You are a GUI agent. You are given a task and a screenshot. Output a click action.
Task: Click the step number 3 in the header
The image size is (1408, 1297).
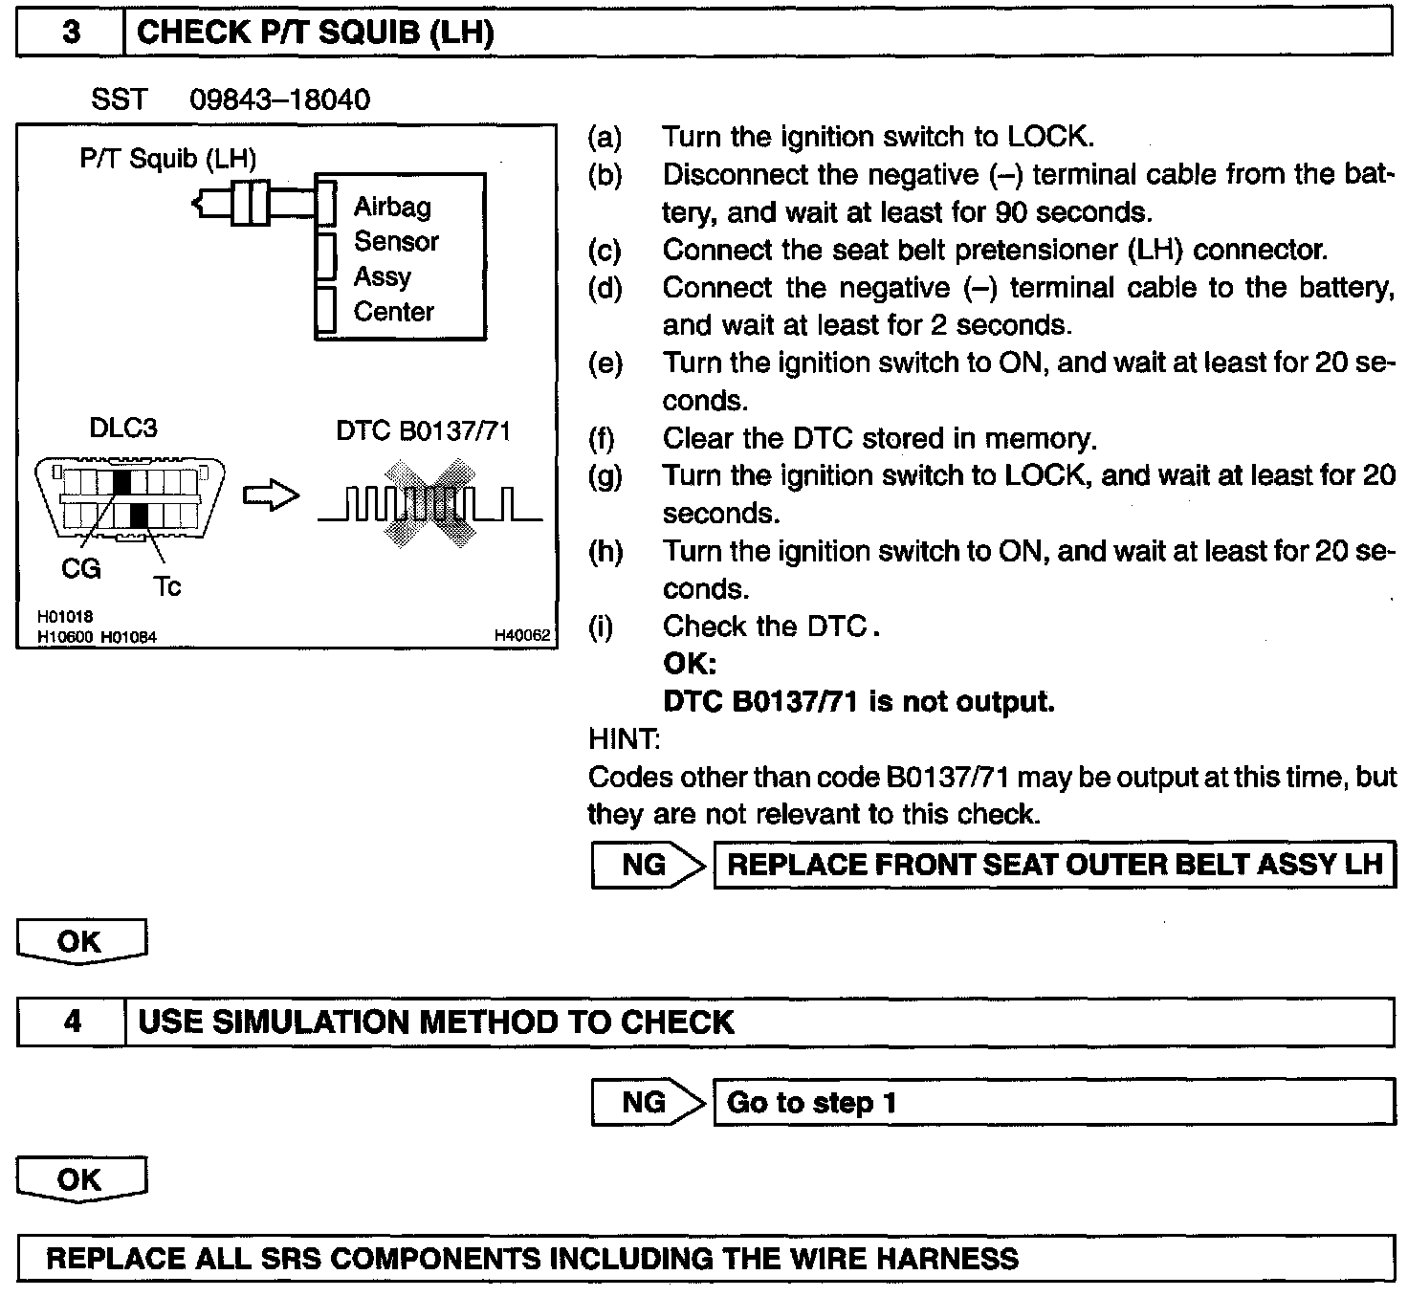point(71,33)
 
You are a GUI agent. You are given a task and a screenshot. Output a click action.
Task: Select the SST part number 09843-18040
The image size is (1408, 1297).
point(279,99)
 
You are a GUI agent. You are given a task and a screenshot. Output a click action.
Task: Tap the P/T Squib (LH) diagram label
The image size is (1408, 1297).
point(168,158)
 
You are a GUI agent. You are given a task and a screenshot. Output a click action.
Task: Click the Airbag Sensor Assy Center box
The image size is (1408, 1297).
point(400,257)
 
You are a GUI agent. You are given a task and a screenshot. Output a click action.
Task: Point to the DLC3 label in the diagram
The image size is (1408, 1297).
point(122,428)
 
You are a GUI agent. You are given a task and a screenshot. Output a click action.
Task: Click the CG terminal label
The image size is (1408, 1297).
point(80,568)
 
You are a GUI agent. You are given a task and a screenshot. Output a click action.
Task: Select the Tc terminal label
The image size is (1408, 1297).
point(166,585)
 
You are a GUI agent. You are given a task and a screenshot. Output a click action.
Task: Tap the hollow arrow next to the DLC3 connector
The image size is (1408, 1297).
point(271,496)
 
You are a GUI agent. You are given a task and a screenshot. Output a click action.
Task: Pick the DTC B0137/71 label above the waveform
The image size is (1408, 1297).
point(423,431)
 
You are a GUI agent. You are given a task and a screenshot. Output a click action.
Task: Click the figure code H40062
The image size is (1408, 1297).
point(522,634)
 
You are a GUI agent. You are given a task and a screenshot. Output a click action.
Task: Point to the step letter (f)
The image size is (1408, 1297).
point(602,439)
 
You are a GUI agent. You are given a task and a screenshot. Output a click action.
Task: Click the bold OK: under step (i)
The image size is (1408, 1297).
point(689,664)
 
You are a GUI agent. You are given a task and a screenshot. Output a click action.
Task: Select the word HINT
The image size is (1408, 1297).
point(623,739)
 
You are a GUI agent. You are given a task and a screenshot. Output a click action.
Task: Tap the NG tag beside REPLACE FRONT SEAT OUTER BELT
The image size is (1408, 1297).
point(644,865)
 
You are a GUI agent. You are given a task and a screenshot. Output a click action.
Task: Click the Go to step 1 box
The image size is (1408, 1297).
point(1053,1103)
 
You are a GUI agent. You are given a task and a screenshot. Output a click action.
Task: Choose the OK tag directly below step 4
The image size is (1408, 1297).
point(80,1179)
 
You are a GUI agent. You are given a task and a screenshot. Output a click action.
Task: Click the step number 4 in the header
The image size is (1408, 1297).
point(72,1022)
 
